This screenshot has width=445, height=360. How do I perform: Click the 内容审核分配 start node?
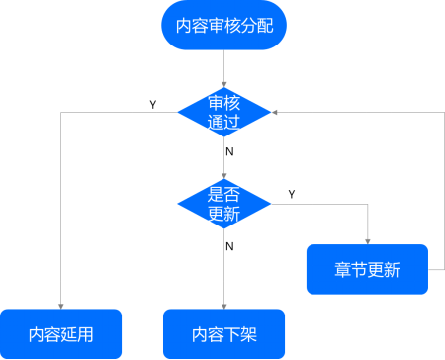pyautogui.click(x=223, y=26)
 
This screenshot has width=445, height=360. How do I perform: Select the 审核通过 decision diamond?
pyautogui.click(x=223, y=113)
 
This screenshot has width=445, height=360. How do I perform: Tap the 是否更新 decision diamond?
pyautogui.click(x=223, y=205)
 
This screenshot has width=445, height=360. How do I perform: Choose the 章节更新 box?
pyautogui.click(x=367, y=269)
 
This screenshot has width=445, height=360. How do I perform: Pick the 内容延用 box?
pyautogui.click(x=61, y=333)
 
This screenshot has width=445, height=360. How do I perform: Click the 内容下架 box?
pyautogui.click(x=223, y=333)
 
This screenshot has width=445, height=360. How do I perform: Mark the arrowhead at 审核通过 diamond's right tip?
pyautogui.click(x=276, y=113)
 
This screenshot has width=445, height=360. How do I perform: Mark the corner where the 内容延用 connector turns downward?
pyautogui.click(x=61, y=113)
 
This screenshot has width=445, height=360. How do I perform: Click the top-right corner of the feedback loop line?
pyautogui.click(x=436, y=113)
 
